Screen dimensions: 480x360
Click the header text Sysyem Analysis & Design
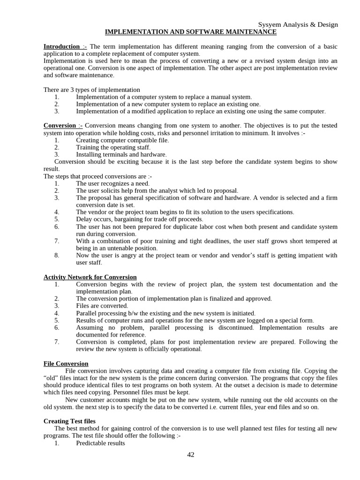tap(298, 24)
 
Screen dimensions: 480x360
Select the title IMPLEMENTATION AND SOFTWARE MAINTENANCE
tap(190, 32)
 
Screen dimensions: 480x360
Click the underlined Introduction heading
tap(61, 46)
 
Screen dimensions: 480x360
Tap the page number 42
tap(190, 454)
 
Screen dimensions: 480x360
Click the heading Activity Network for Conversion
tap(90, 277)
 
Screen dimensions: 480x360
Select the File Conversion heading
tap(66, 363)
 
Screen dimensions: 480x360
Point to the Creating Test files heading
tap(69, 421)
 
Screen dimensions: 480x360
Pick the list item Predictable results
tap(100, 442)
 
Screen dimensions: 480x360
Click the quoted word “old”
tap(52, 378)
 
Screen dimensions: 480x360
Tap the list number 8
tap(56, 255)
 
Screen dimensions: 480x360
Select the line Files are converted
tap(102, 306)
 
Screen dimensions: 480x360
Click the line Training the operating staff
tap(113, 147)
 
